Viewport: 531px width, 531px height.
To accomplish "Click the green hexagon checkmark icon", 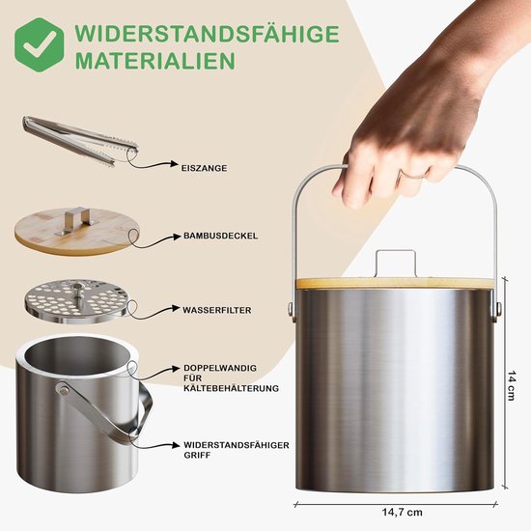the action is pos(40,44).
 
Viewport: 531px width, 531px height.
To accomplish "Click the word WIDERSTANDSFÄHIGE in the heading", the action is pos(207,34).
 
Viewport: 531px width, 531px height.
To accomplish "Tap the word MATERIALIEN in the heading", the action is pos(155,60).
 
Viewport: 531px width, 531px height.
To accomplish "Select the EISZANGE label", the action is pos(205,168).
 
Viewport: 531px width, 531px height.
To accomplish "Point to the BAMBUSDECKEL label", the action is pos(221,236).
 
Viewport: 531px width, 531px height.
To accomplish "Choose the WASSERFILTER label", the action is pos(217,310).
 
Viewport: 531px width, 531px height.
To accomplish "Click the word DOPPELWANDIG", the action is pos(220,368).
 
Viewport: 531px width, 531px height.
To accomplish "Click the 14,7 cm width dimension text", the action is pos(403,512).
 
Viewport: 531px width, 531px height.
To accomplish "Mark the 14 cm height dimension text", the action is pos(512,386).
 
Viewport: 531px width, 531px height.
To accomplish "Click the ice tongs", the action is pos(80,140).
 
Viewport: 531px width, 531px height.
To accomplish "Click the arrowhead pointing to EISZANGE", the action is pos(175,164).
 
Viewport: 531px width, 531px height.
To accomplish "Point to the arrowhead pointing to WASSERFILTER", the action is pos(176,308).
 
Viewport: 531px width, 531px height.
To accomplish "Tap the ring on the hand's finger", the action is pos(413,176).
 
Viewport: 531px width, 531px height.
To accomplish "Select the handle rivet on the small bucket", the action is pos(64,390).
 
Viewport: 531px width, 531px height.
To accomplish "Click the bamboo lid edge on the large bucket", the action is pos(398,283).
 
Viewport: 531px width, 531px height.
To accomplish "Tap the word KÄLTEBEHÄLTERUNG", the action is pos(232,388).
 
